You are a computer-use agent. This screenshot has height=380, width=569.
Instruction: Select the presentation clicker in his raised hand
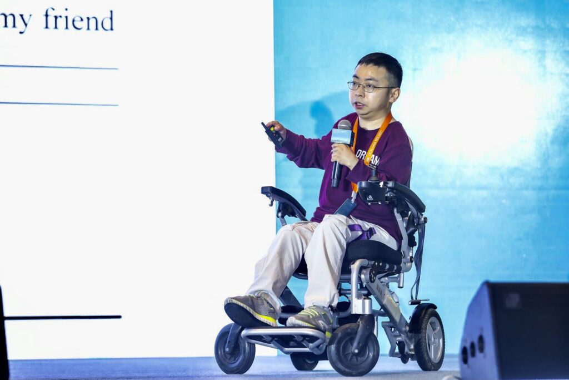tap(272, 133)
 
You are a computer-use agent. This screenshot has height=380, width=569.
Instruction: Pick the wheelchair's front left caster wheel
tap(234, 349)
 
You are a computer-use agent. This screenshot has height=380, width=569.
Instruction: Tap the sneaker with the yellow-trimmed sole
tap(252, 309)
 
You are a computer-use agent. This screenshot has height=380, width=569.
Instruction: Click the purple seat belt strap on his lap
tap(362, 231)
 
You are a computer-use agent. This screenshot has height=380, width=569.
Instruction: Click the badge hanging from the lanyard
tap(346, 207)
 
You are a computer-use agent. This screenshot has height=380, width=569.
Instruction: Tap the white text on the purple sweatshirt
tap(368, 157)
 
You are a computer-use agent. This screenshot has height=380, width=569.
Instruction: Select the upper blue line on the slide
tap(58, 67)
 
